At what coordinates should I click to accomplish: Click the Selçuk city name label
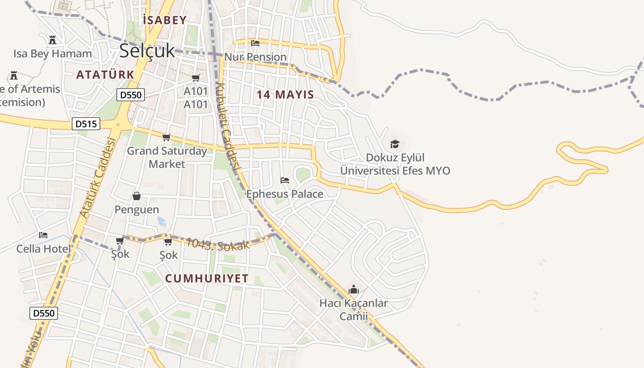[147, 51]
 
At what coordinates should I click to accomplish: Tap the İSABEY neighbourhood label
[165, 20]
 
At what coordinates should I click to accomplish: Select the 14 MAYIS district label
[285, 95]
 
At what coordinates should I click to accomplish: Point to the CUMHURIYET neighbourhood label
[207, 278]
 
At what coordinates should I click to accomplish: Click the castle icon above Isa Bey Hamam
[52, 40]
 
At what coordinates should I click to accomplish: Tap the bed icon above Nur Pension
[255, 43]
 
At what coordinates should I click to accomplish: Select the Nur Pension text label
[255, 57]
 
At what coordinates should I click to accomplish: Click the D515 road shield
[86, 124]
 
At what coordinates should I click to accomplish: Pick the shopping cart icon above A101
[196, 78]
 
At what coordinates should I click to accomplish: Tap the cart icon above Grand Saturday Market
[167, 137]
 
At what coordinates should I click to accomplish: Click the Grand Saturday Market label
[167, 157]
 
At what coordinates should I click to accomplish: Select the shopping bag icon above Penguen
[137, 196]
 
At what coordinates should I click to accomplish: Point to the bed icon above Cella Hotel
[43, 235]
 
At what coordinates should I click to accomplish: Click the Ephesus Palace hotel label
[285, 194]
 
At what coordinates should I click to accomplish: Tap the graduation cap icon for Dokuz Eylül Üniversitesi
[395, 144]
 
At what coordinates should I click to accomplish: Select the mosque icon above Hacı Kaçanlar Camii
[353, 290]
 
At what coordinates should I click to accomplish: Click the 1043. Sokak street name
[217, 244]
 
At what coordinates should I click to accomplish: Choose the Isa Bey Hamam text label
[52, 54]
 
